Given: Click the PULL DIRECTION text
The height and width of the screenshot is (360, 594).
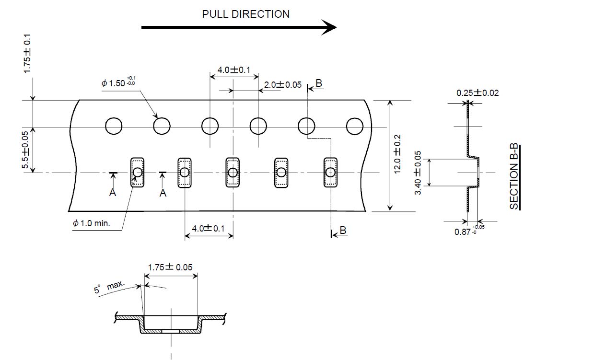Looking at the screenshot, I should tap(245, 14).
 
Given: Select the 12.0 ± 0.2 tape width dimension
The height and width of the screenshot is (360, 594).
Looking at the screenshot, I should tap(397, 154).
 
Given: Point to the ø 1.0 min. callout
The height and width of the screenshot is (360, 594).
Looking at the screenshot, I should tap(92, 223).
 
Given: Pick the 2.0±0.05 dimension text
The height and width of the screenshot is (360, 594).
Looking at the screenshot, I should tap(283, 85).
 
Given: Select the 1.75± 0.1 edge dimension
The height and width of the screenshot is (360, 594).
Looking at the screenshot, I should tap(27, 53).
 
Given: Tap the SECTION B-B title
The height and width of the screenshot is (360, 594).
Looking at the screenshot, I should tap(514, 177).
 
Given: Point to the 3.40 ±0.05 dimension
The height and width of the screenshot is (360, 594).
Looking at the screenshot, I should tap(418, 173).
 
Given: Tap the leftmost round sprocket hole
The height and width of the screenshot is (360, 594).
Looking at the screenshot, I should tap(114, 126).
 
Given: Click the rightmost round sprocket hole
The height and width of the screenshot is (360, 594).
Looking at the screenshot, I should tap(355, 126).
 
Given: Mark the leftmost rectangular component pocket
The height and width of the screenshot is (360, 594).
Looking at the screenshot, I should tap(138, 172).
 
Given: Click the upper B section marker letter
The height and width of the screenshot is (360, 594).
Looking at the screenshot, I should tap(319, 83).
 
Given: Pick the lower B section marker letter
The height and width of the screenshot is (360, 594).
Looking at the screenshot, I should tap(342, 231).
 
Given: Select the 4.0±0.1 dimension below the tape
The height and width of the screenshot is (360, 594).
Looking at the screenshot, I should tap(208, 228).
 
